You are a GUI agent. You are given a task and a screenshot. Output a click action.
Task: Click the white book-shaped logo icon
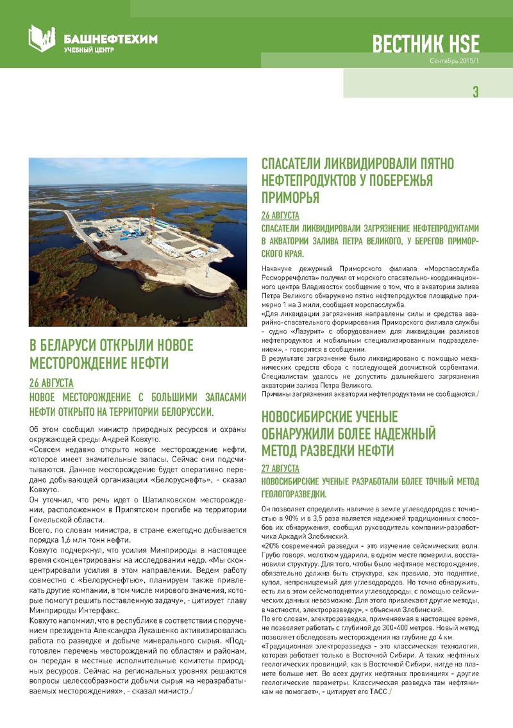[x=42, y=38]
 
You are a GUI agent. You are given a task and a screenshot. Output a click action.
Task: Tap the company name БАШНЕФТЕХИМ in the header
[x=111, y=39]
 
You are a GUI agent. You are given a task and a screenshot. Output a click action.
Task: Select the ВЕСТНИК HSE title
[x=426, y=44]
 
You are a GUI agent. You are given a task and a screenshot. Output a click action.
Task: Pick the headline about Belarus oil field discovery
[x=112, y=354]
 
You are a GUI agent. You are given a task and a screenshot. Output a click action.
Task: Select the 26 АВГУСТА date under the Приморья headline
[x=280, y=215]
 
